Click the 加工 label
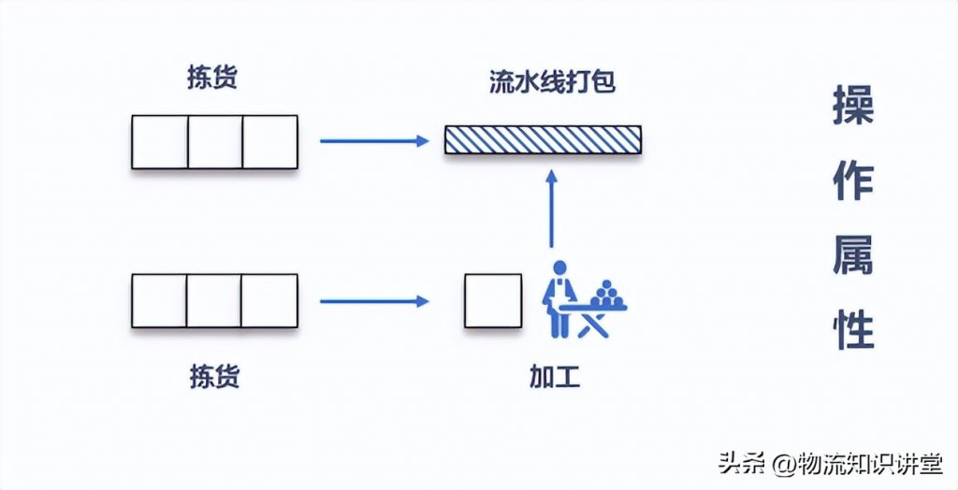tap(555, 377)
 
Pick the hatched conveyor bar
tap(543, 141)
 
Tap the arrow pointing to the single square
tap(373, 301)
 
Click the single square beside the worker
tap(493, 301)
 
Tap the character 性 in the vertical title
tap(853, 328)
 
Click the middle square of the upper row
tap(215, 142)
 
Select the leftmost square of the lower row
tap(159, 301)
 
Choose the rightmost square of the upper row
tap(270, 142)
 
